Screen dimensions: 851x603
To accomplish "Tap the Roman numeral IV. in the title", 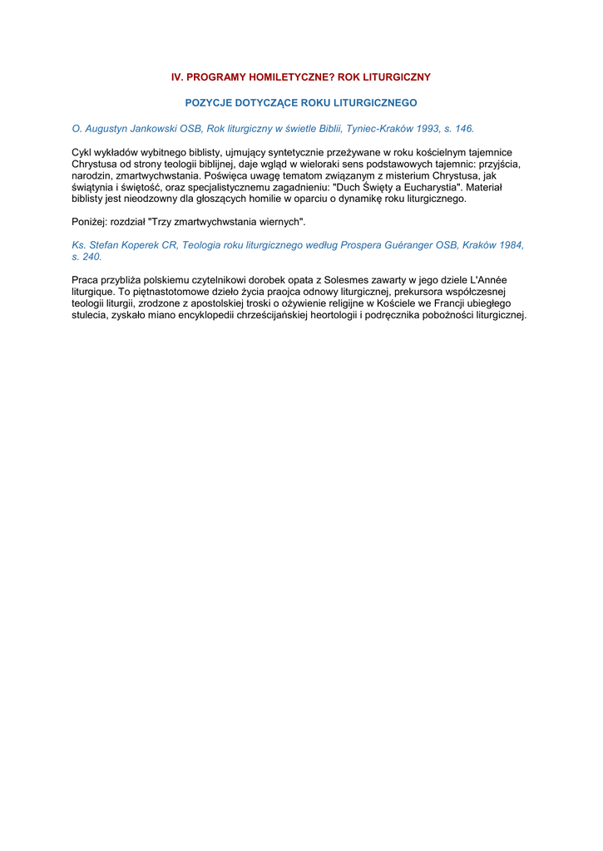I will (177, 76).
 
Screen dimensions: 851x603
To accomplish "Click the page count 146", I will (463, 129).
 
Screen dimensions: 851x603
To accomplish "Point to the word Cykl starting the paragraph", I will (83, 153).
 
